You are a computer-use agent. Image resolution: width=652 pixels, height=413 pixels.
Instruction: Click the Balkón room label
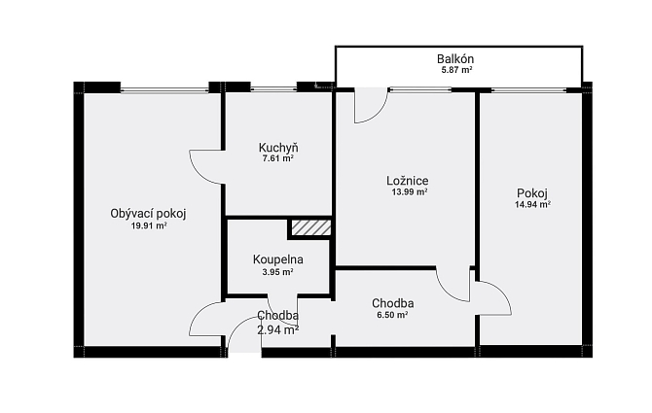coord(455,59)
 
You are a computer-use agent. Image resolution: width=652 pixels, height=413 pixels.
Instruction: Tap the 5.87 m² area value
coord(456,70)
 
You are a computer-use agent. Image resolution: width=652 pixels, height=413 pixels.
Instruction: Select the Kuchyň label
coord(278,148)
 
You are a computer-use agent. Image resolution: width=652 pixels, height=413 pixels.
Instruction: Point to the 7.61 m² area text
coord(278,158)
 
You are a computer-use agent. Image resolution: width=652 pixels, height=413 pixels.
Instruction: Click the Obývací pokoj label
coord(148,214)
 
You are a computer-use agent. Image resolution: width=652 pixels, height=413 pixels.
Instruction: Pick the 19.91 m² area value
coord(149,225)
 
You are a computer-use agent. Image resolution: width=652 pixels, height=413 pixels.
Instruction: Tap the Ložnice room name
coord(408,181)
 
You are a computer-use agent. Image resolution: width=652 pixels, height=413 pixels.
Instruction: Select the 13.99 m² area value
coord(410,191)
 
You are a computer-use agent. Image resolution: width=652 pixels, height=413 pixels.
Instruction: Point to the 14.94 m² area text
coord(533,204)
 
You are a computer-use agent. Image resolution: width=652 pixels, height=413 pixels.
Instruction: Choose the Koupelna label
coord(277,259)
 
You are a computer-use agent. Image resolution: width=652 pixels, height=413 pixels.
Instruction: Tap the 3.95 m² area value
coord(277,272)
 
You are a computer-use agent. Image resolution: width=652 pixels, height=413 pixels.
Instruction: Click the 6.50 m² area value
coord(392,315)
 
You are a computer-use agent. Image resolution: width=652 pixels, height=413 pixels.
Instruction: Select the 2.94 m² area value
coord(277,330)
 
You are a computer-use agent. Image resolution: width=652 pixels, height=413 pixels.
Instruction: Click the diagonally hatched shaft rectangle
coord(311,227)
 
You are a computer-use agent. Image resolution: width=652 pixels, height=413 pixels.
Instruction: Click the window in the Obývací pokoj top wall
coord(164,89)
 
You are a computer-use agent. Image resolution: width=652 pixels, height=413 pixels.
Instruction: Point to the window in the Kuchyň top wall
coord(273,89)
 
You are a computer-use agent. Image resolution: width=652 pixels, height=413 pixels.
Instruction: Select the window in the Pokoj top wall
coord(529,89)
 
